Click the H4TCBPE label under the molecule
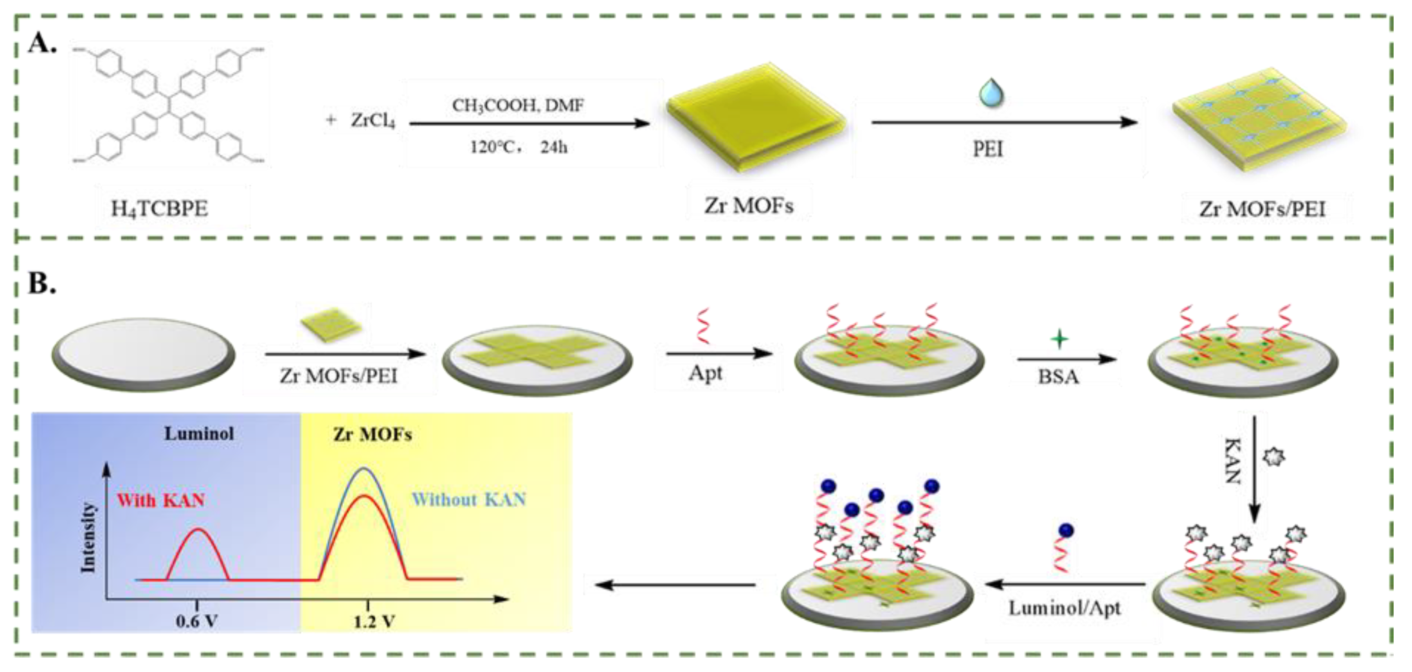160,209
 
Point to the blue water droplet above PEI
991,92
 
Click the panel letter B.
41,283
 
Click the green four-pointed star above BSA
1059,339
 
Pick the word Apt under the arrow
706,373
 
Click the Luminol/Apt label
1064,608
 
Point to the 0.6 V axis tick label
197,622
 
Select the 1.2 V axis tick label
375,622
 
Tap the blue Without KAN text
469,499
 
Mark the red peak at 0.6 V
198,531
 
